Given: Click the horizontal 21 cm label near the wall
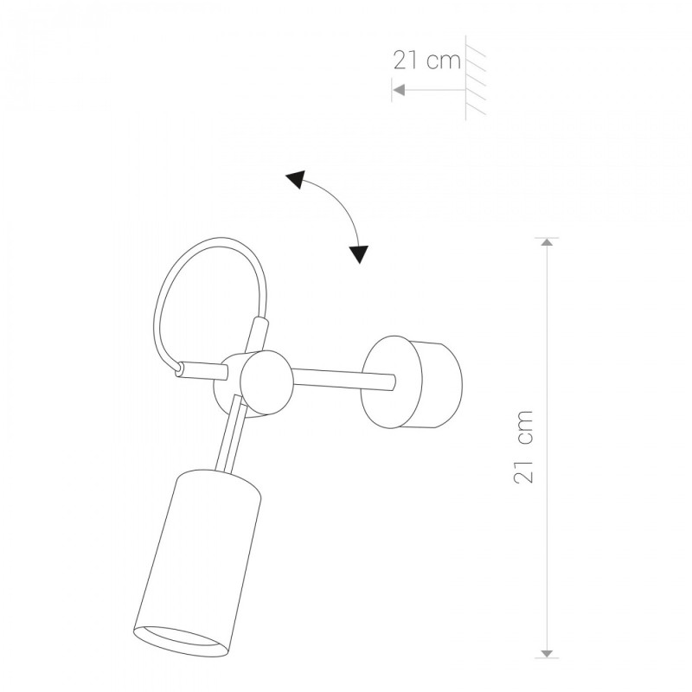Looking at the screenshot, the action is [x=426, y=61].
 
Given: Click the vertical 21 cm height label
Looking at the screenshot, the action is [x=524, y=446].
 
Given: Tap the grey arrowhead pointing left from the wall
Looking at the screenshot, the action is [x=399, y=90].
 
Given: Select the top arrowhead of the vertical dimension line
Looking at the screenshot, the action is [x=548, y=242].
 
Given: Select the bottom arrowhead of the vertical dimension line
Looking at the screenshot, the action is [x=548, y=654].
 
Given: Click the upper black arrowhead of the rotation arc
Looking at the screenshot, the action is [x=297, y=178].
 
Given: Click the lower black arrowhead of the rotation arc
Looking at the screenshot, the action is [x=360, y=254].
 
